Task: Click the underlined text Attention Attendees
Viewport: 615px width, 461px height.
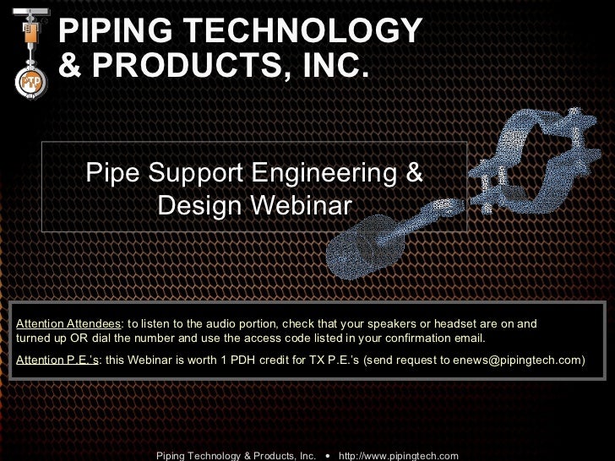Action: [x=69, y=324]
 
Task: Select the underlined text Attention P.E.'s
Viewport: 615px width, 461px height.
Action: [x=57, y=360]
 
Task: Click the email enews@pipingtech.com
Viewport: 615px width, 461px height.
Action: [x=516, y=360]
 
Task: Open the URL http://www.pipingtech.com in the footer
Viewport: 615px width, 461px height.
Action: [x=398, y=455]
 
